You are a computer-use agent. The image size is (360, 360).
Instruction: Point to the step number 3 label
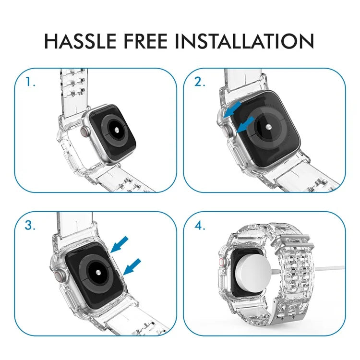(x=31, y=226)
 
